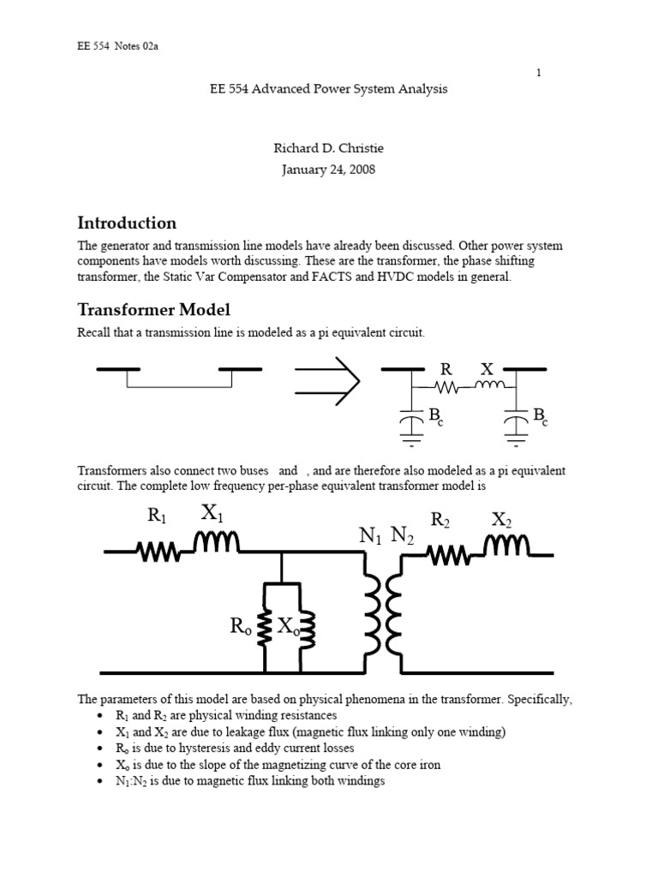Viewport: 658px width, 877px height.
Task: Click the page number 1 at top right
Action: (x=538, y=73)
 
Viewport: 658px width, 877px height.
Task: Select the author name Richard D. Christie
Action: (x=329, y=149)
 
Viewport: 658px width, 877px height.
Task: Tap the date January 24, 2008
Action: (x=329, y=170)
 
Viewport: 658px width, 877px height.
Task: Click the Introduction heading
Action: (x=127, y=224)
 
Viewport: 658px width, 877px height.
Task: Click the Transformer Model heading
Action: (x=153, y=310)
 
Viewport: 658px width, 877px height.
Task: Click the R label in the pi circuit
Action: (x=445, y=370)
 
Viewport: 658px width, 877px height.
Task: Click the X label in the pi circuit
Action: (x=487, y=370)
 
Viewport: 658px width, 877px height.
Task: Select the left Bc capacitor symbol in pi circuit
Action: (x=413, y=421)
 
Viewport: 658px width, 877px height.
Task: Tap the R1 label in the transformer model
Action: (x=157, y=516)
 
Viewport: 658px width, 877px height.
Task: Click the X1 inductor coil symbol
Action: (x=217, y=543)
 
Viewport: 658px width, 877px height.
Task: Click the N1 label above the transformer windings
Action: (x=370, y=536)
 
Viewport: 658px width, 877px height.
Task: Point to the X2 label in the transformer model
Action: (x=502, y=520)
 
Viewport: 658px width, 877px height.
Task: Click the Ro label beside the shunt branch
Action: (x=241, y=627)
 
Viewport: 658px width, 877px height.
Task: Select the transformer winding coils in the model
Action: (x=382, y=612)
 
